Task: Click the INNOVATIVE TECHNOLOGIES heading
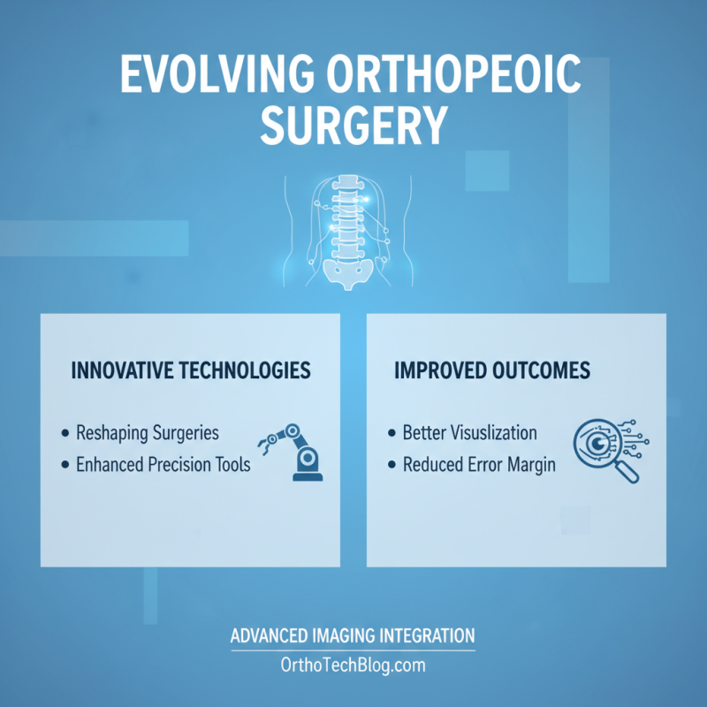(x=191, y=370)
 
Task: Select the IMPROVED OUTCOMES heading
(x=492, y=370)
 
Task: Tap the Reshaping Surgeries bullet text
(x=148, y=434)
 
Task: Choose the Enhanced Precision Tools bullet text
(x=163, y=464)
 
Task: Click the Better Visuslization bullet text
(x=469, y=434)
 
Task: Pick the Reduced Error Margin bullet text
(x=479, y=464)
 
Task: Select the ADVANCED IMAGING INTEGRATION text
(x=353, y=636)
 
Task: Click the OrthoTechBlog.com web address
(x=353, y=663)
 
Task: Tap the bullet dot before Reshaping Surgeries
(x=65, y=434)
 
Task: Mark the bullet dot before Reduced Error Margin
(x=392, y=464)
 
